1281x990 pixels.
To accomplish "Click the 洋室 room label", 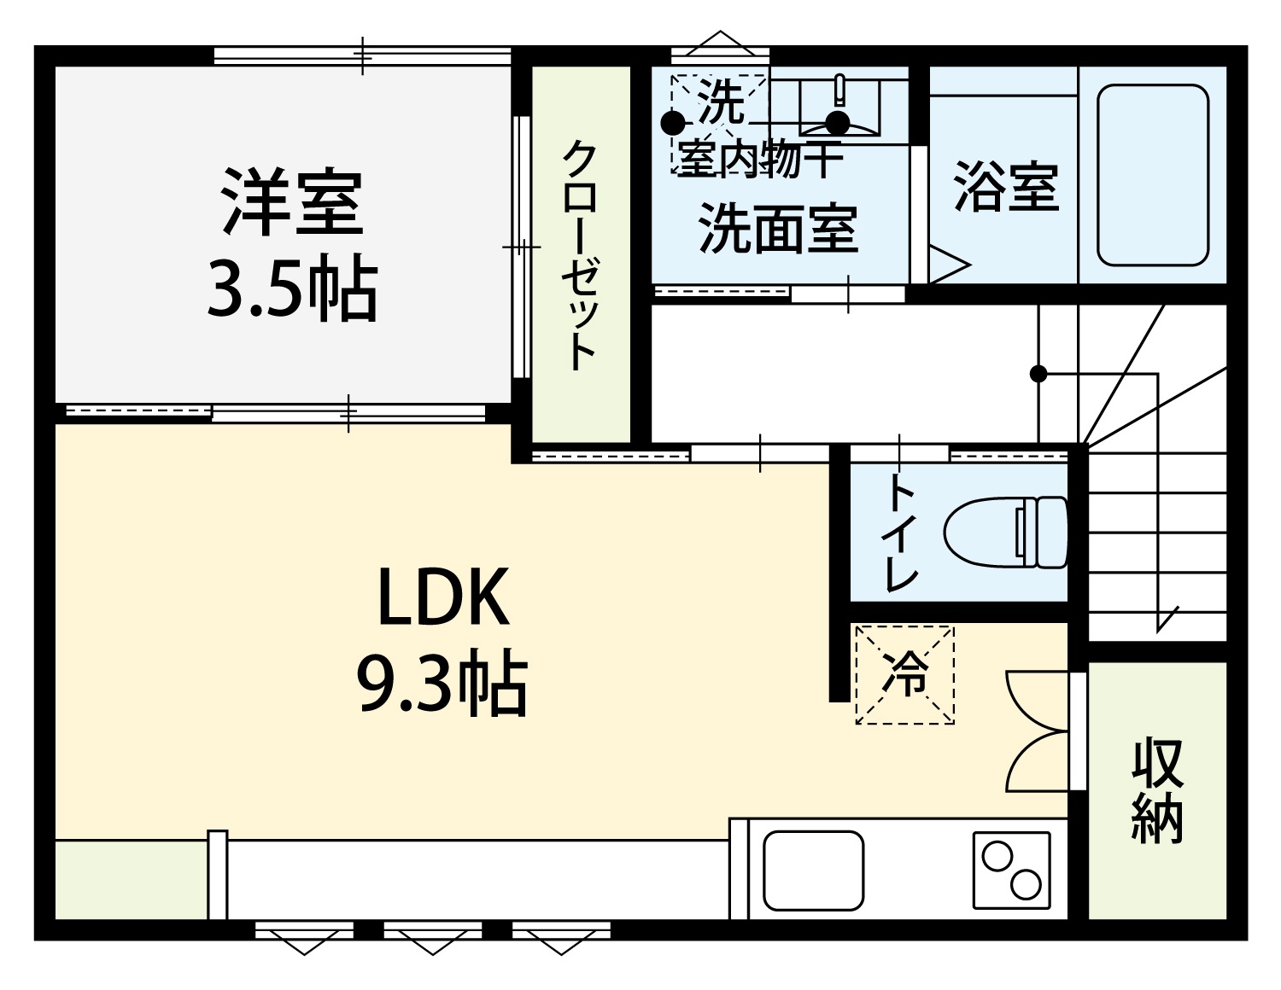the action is [x=291, y=202].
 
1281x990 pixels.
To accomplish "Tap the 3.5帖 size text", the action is [x=291, y=288].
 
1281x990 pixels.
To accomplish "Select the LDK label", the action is [x=443, y=597].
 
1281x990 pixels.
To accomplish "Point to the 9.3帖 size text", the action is [x=442, y=683].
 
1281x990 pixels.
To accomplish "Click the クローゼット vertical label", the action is [x=580, y=256].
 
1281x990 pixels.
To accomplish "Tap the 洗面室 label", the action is [x=778, y=229].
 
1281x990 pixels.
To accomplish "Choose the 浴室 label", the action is [x=1006, y=186].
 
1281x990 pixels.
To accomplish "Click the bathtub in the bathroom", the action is [x=1153, y=175].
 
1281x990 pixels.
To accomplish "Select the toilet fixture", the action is [x=1006, y=533].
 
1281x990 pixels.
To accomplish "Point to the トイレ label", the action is [x=901, y=532].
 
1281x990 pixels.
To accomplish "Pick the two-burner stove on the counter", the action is [x=1012, y=870].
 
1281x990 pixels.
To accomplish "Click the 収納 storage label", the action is [x=1158, y=789].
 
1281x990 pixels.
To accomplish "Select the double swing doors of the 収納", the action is [x=1038, y=731].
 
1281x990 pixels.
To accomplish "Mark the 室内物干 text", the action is [x=759, y=159].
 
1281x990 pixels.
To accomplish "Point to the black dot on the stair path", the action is [x=1038, y=374].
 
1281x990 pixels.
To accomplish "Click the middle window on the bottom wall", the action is [x=433, y=929].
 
